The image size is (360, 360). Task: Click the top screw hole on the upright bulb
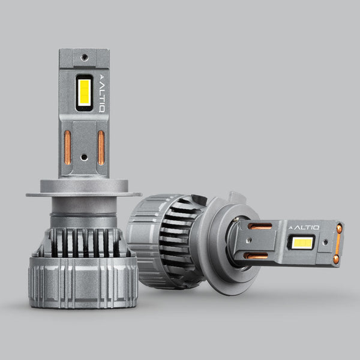tap(85, 57)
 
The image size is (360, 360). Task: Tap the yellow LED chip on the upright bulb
tap(84, 93)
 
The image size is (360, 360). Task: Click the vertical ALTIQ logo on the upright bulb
tap(102, 94)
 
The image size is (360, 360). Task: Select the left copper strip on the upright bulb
tap(67, 148)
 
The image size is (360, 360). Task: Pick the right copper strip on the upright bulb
tap(101, 148)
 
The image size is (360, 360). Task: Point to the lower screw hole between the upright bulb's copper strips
tap(84, 157)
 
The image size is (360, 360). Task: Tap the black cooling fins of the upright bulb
tap(85, 243)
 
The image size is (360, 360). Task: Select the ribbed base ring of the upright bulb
tap(83, 283)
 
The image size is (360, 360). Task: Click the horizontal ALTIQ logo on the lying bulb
tap(304, 227)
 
